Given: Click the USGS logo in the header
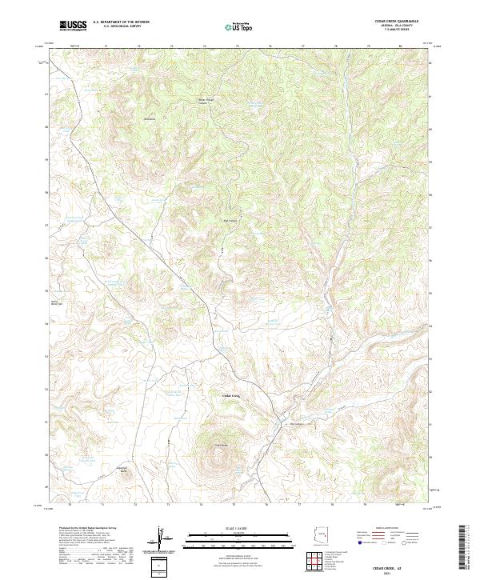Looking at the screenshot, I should pos(74,26).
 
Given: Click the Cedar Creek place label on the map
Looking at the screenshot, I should pos(230,396).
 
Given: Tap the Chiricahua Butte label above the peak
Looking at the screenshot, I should pos(222,445).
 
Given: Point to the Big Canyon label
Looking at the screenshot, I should pos(148,119).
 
